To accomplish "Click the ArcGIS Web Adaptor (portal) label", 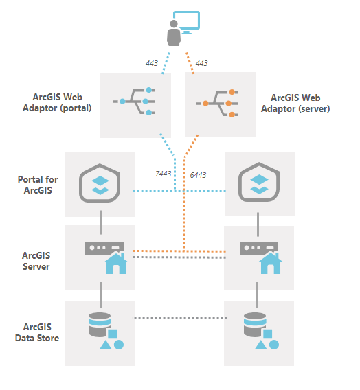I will tap(62, 102).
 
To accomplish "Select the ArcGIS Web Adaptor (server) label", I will tap(300, 103).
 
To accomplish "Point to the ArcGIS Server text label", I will tap(36, 260).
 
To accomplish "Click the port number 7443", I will tap(163, 174).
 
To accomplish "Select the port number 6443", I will tap(197, 175).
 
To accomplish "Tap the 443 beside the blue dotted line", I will tap(152, 63).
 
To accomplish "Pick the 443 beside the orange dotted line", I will tap(201, 63).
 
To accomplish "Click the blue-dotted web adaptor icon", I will tap(135, 102).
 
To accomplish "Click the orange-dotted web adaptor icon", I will tap(220, 102).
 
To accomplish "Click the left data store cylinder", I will tap(100, 323).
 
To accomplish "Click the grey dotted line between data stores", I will tap(180, 317).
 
